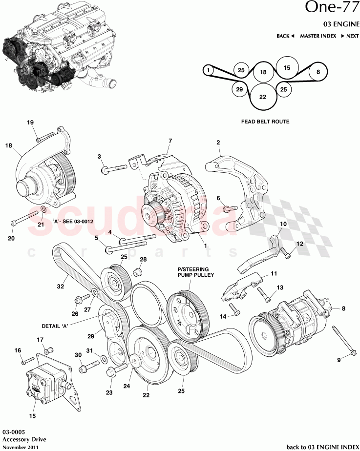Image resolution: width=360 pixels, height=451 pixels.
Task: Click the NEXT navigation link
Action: pos(350,36)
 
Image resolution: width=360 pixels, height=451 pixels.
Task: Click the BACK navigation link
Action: pos(285,36)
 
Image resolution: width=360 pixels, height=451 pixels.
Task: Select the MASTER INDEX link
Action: pos(318,36)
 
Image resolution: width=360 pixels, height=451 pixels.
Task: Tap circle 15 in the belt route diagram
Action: pos(287,68)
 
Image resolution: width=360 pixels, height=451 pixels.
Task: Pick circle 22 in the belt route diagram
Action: pos(262,97)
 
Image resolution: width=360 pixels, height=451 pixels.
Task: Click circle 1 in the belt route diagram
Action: pos(209,71)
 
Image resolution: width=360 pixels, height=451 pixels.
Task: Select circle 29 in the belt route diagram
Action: pos(239,89)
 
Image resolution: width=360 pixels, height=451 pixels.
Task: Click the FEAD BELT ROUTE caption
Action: pos(265,122)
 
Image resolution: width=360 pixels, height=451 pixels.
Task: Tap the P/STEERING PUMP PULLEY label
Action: pos(193,272)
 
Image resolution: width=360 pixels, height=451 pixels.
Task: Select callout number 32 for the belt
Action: pos(61,287)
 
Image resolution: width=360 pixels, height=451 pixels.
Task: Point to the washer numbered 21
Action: pos(42,211)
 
